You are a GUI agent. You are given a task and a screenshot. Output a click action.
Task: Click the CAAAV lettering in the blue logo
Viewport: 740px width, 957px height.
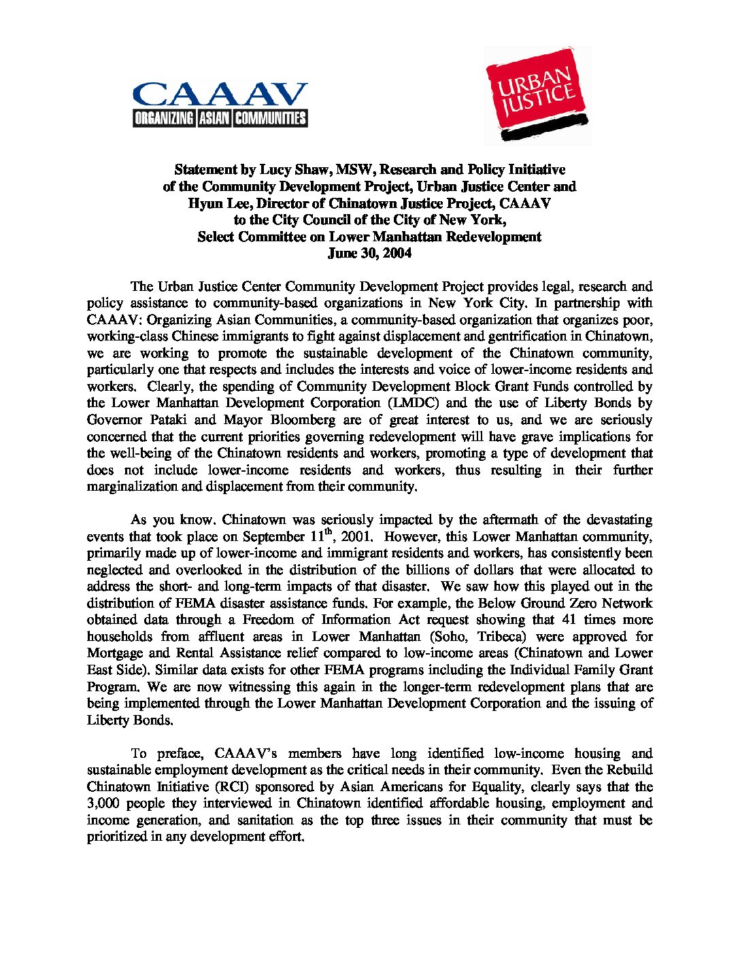coord(219,95)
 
